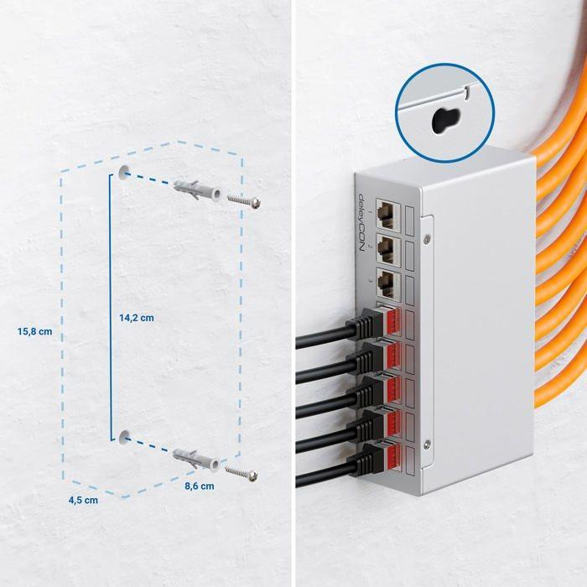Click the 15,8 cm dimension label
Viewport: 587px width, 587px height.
point(34,331)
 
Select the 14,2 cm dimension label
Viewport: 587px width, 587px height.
point(136,318)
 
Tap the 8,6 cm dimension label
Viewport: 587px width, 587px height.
point(199,485)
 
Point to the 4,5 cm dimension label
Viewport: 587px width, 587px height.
point(81,500)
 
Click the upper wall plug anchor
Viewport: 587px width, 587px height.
point(198,190)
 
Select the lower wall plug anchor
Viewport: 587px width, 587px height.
point(197,459)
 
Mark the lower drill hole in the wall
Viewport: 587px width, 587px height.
point(124,436)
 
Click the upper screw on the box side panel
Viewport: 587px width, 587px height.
point(428,239)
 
